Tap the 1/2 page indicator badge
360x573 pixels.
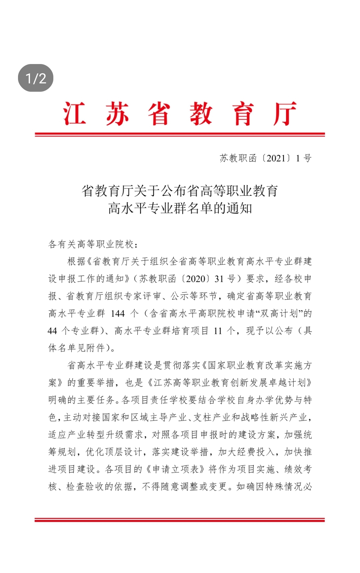tap(36, 78)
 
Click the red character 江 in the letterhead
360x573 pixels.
tap(75, 114)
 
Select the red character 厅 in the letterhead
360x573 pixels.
tap(285, 114)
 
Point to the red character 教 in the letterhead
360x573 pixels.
tap(201, 114)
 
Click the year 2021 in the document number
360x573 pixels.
tap(276, 158)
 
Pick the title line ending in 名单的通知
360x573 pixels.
tap(180, 208)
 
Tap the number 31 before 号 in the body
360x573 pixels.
tap(219, 279)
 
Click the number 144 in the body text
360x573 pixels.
tap(118, 314)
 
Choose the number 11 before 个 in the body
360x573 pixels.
tap(218, 331)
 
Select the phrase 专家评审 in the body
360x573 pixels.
tap(143, 296)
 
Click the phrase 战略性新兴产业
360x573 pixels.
tap(273, 418)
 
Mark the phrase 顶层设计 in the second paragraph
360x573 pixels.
tap(123, 452)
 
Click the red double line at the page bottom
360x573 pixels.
tap(180, 520)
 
